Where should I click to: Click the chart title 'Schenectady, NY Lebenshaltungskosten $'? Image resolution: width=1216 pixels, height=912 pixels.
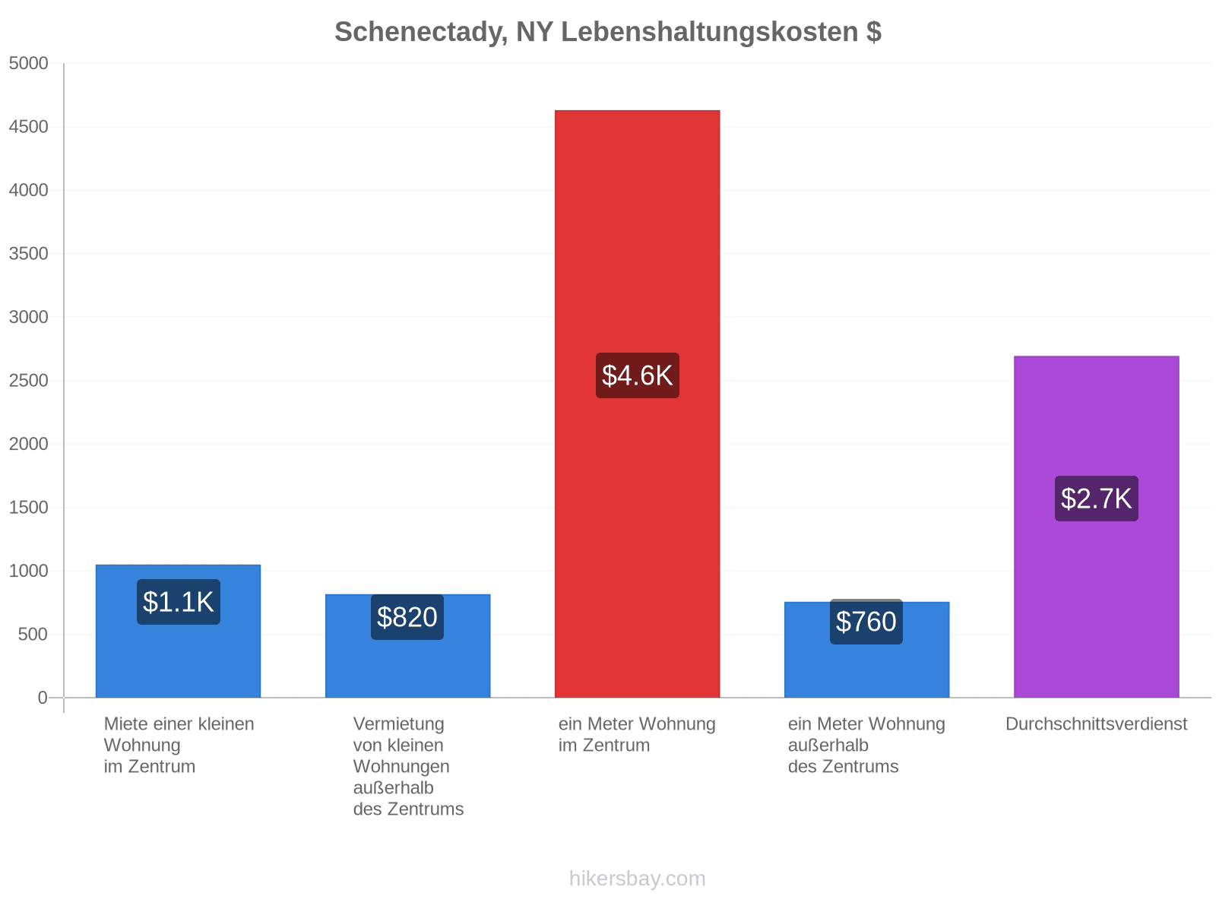click(x=608, y=32)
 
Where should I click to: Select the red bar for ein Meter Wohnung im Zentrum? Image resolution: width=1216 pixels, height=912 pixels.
click(x=637, y=404)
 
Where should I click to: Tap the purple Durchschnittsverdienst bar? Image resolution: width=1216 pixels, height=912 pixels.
click(x=1096, y=527)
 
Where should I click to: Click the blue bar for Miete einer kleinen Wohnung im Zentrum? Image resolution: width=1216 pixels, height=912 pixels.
click(x=178, y=632)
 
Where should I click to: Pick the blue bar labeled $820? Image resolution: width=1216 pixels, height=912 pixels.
click(x=407, y=646)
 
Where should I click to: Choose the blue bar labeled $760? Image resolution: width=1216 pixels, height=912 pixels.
click(x=866, y=650)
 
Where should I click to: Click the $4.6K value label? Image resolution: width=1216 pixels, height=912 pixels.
click(x=637, y=375)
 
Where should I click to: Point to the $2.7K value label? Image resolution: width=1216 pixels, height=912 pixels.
click(x=1096, y=499)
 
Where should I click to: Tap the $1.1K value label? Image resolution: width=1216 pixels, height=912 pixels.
click(x=179, y=602)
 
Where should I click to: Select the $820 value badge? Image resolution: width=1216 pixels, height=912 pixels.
click(x=407, y=617)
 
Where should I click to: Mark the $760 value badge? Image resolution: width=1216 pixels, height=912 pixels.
click(x=866, y=621)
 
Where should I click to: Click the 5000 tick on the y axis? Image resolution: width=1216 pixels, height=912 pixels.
click(x=28, y=63)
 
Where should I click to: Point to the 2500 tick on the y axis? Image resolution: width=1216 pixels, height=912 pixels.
click(x=28, y=381)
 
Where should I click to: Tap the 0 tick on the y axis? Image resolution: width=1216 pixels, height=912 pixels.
click(x=42, y=698)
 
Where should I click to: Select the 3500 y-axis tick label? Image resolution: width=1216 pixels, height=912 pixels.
click(x=28, y=254)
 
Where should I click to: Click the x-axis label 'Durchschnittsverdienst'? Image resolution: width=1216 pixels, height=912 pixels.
click(x=1096, y=724)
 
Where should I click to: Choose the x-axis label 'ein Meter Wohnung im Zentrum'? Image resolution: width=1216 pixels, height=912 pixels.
click(x=637, y=734)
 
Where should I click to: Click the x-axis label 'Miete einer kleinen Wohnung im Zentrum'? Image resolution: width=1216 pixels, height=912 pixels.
click(x=179, y=745)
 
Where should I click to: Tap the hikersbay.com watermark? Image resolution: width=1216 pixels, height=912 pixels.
click(x=637, y=879)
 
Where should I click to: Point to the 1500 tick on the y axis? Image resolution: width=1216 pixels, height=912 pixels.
click(x=28, y=507)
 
